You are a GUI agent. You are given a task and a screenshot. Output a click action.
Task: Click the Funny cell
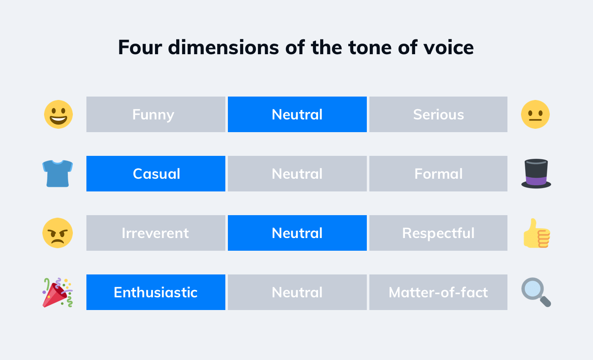pyautogui.click(x=155, y=114)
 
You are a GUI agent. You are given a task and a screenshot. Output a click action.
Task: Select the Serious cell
pyautogui.click(x=438, y=114)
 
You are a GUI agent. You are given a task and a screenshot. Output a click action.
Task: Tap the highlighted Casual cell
pyautogui.click(x=155, y=174)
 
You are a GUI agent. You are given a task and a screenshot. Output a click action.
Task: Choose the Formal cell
pyautogui.click(x=438, y=174)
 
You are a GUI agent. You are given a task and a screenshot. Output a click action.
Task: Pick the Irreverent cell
pyautogui.click(x=155, y=233)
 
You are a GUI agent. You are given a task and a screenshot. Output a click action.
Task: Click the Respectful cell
pyautogui.click(x=438, y=233)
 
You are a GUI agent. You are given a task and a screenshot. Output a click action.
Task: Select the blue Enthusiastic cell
pyautogui.click(x=155, y=292)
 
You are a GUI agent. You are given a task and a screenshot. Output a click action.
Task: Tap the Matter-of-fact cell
pyautogui.click(x=438, y=292)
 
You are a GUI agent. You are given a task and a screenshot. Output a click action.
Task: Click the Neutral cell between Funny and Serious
pyautogui.click(x=297, y=114)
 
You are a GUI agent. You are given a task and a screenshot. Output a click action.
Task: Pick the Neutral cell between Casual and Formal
pyautogui.click(x=297, y=174)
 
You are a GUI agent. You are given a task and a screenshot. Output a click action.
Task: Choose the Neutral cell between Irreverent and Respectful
pyautogui.click(x=297, y=233)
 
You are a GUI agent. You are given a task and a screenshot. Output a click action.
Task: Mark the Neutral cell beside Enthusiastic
pyautogui.click(x=297, y=292)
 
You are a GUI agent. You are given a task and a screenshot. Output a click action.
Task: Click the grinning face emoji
pyautogui.click(x=58, y=114)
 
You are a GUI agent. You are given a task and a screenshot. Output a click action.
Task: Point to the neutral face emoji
pyautogui.click(x=535, y=114)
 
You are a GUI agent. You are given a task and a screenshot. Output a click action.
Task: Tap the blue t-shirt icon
pyautogui.click(x=58, y=173)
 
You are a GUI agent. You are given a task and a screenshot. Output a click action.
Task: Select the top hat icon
pyautogui.click(x=536, y=173)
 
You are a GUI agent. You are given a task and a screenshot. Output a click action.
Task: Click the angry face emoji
pyautogui.click(x=58, y=233)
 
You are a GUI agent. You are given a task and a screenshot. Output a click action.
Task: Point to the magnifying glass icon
pyautogui.click(x=536, y=292)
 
